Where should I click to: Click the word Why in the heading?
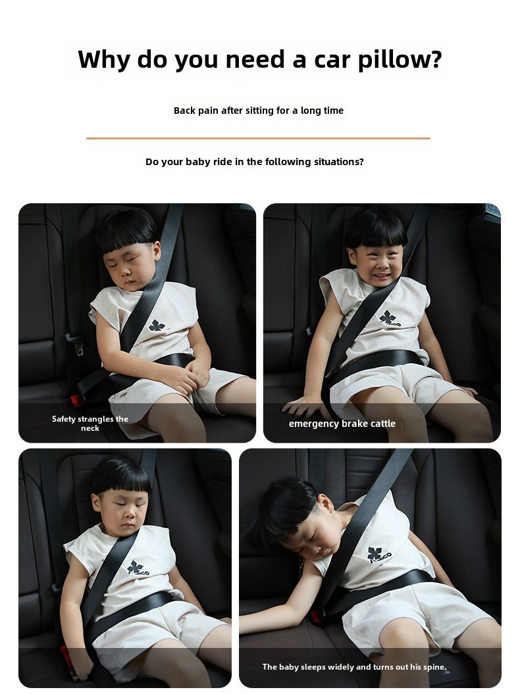(x=103, y=59)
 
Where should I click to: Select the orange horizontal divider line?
(x=258, y=138)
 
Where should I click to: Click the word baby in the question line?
(x=198, y=162)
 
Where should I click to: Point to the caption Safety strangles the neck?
(x=90, y=423)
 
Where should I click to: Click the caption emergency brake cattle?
(x=342, y=424)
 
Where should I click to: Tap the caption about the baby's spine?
(x=354, y=666)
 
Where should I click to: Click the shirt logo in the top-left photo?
(x=157, y=326)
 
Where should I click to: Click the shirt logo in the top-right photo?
(x=389, y=318)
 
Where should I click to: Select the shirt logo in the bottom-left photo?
(x=138, y=568)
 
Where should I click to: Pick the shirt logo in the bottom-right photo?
(x=379, y=555)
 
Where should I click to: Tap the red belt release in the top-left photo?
(x=75, y=401)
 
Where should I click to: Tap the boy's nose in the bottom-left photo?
(x=126, y=514)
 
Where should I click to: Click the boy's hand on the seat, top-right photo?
(x=302, y=405)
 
